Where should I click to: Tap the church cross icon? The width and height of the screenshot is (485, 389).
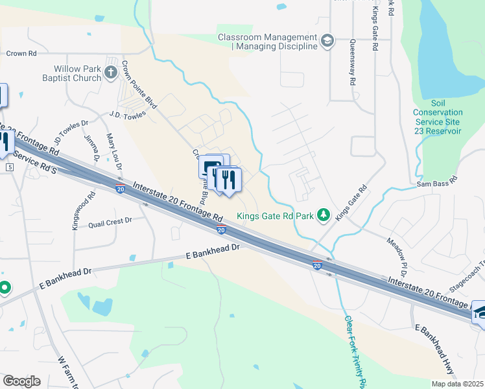(110, 72)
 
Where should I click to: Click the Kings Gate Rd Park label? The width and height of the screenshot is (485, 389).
(275, 216)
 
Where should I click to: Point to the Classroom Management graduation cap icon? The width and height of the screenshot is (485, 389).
(328, 40)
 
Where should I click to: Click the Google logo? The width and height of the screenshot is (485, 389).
(21, 381)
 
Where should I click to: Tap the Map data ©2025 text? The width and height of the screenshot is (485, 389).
(457, 384)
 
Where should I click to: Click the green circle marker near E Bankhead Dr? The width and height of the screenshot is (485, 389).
(5, 287)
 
